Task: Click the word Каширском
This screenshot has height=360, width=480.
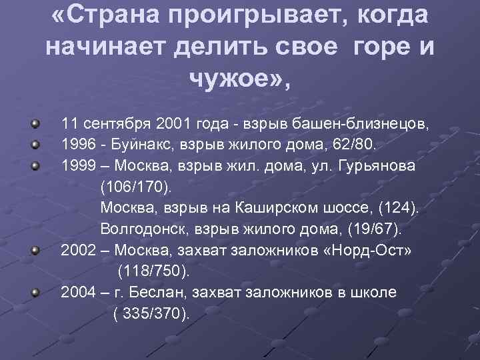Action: (x=288, y=207)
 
